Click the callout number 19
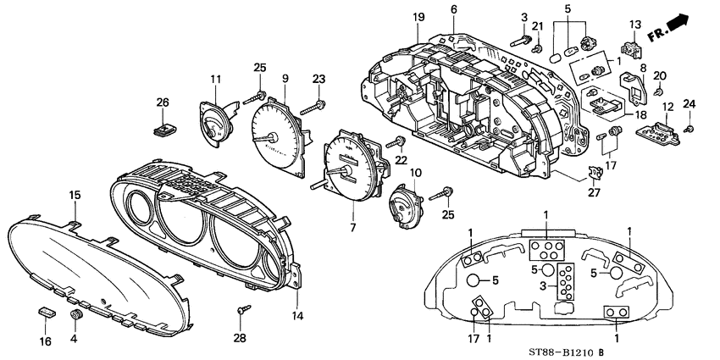click(418, 18)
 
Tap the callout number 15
click(75, 196)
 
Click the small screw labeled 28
click(242, 309)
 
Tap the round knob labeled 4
click(77, 315)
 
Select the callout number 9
click(285, 79)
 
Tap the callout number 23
click(318, 79)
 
